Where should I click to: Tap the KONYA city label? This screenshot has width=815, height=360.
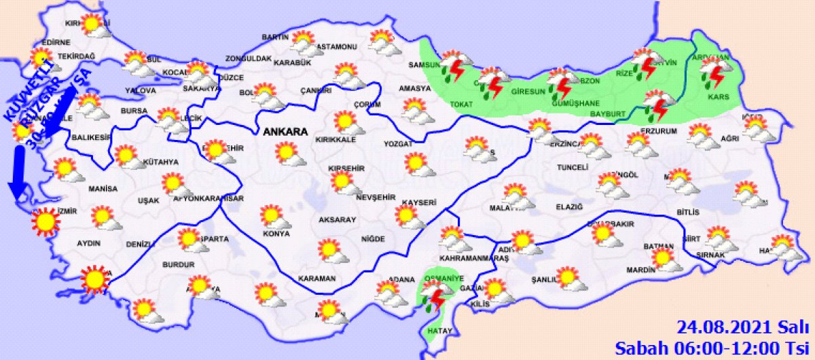[276, 234]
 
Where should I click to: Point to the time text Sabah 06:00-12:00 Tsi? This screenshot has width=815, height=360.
[714, 348]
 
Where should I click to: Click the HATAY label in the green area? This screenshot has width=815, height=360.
[435, 331]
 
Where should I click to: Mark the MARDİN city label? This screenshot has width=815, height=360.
[640, 270]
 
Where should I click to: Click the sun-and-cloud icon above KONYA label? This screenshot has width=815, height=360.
[273, 217]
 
